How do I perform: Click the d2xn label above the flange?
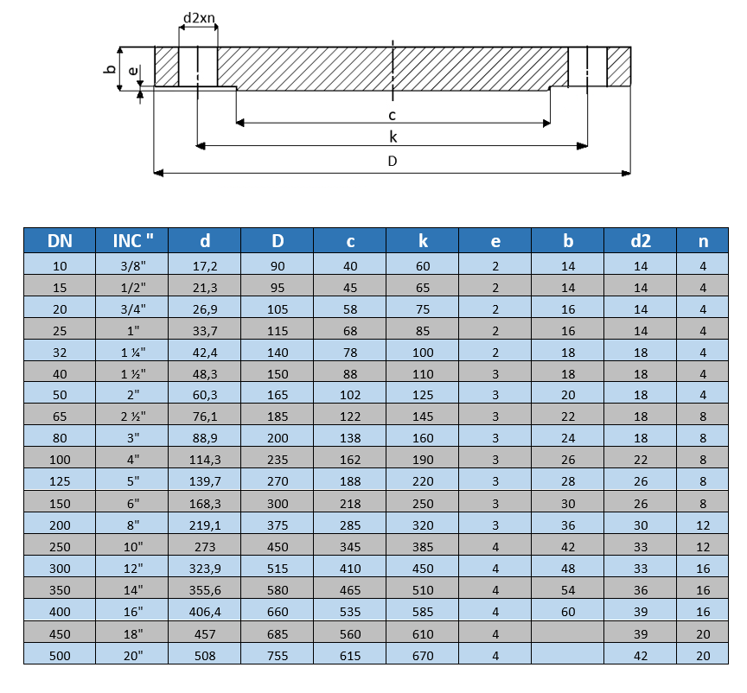pos(199,18)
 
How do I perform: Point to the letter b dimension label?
pos(110,68)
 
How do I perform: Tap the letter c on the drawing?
pos(392,115)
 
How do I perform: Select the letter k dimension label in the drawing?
pos(393,137)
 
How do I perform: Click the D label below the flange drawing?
pos(392,161)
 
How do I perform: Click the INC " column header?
pos(133,240)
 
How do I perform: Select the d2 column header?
pos(641,240)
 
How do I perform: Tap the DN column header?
pos(60,240)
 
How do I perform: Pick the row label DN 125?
pos(60,481)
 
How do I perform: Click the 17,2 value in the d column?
pos(205,266)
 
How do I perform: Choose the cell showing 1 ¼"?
pos(133,353)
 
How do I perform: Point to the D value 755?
pos(278,656)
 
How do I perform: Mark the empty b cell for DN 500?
pos(568,653)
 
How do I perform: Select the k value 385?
pos(423,547)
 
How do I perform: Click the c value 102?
pos(350,395)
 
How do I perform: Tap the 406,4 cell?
pos(205,612)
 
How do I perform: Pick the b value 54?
pos(568,590)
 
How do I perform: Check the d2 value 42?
pos(641,656)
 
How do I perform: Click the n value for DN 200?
pos(703,525)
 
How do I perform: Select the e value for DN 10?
pos(495,266)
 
